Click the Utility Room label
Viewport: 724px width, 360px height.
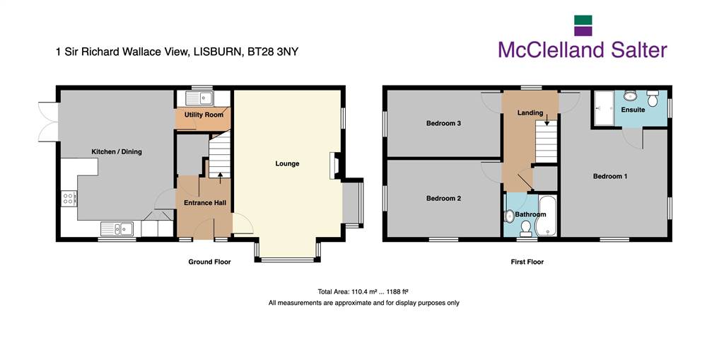204,114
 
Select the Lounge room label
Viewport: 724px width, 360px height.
287,163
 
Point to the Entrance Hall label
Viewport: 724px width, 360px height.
204,203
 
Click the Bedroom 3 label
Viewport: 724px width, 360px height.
444,123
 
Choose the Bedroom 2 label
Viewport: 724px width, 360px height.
444,198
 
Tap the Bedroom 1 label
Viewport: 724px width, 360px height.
610,177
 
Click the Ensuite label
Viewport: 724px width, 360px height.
633,110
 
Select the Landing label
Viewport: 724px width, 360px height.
530,112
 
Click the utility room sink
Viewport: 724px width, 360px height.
199,98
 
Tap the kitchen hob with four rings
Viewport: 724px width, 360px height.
69,198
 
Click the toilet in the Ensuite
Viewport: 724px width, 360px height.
653,98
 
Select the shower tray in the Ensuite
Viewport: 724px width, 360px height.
604,108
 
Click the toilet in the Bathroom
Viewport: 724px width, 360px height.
525,228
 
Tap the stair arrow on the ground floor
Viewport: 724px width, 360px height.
220,178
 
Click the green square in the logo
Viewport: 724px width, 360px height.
583,20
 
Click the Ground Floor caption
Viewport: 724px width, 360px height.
209,262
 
